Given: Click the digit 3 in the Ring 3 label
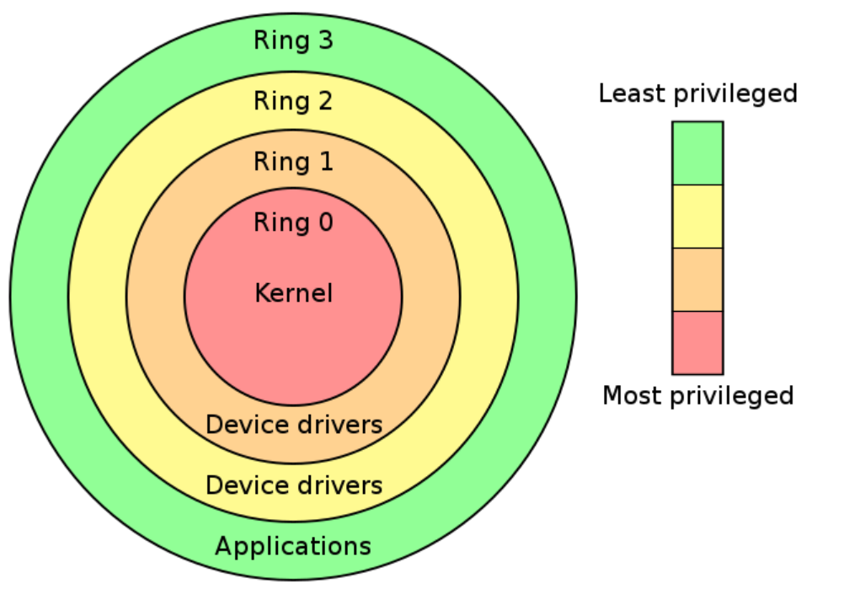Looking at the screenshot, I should pyautogui.click(x=325, y=40).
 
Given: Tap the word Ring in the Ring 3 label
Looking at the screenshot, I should pyautogui.click(x=279, y=40).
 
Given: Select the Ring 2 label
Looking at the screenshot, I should pyautogui.click(x=293, y=101).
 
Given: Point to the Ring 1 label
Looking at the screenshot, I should pyautogui.click(x=293, y=161).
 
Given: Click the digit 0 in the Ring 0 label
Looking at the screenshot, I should pyautogui.click(x=324, y=222).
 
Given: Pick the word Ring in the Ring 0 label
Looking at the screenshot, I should pyautogui.click(x=279, y=222).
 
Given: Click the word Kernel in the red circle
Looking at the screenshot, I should pyautogui.click(x=293, y=293).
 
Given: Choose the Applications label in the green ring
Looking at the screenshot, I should pyautogui.click(x=293, y=546).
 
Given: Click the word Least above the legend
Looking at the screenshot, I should pyautogui.click(x=631, y=94).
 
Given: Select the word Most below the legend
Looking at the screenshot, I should pyautogui.click(x=633, y=395).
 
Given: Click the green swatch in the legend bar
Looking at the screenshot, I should pyautogui.click(x=697, y=153).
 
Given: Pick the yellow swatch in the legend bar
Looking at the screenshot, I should pyautogui.click(x=697, y=216).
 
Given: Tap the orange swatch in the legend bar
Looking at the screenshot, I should pyautogui.click(x=697, y=279).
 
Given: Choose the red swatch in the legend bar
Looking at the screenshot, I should pyautogui.click(x=697, y=342).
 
